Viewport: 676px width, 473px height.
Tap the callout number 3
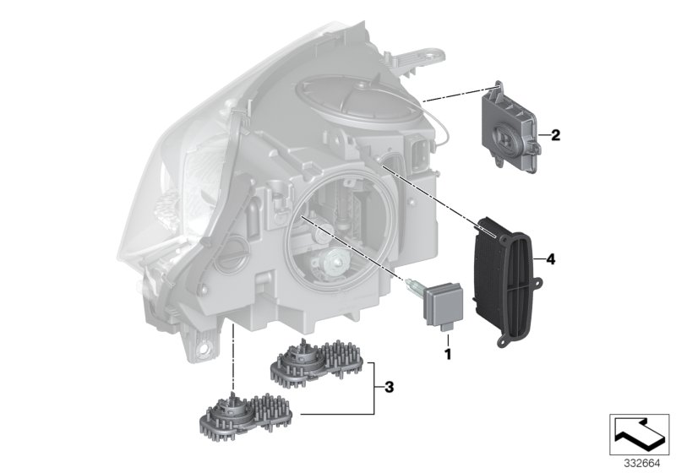tap(388, 388)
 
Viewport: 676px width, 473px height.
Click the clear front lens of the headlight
tap(165, 169)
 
